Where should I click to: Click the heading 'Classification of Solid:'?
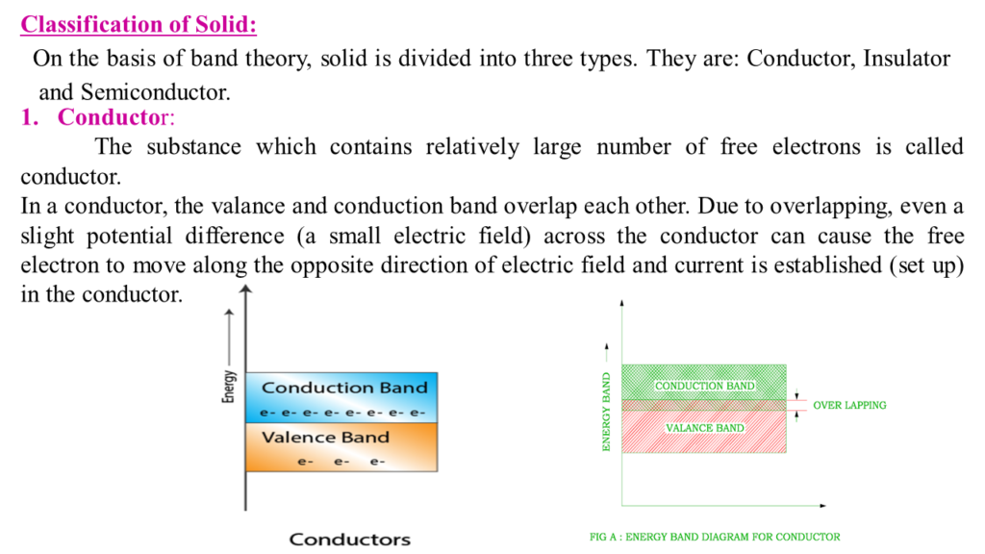[139, 23]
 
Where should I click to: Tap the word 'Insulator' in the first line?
[906, 59]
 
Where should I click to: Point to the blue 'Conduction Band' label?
[344, 388]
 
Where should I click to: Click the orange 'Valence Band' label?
[326, 438]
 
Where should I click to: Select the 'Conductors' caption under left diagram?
[350, 540]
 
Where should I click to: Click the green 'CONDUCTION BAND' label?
[705, 387]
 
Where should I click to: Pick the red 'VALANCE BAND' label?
[705, 427]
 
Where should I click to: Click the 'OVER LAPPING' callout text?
[849, 406]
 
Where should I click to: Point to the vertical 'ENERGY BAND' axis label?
[607, 411]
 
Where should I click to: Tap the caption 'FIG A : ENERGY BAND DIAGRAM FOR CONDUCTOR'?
[715, 538]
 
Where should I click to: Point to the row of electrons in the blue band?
[343, 414]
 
